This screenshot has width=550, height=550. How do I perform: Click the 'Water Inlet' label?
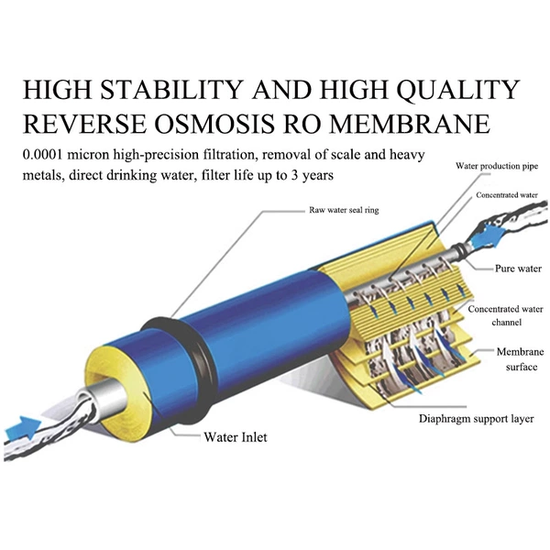click(236, 437)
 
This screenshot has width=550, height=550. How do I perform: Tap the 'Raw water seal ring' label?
click(344, 210)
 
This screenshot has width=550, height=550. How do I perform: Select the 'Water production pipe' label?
click(497, 166)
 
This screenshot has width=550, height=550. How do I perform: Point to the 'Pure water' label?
click(518, 269)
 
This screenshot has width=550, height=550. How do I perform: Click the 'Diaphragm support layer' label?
click(477, 419)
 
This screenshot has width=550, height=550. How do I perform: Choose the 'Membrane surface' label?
click(521, 359)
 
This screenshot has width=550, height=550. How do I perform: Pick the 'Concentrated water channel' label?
click(506, 315)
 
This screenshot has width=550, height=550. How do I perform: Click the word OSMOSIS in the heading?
click(214, 124)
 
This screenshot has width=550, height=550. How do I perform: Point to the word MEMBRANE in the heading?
click(410, 124)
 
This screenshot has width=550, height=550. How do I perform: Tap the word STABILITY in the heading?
click(171, 90)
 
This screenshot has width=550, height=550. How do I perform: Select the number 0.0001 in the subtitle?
click(42, 155)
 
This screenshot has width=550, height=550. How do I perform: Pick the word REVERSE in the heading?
click(84, 124)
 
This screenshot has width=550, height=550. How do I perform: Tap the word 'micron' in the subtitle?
click(88, 155)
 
